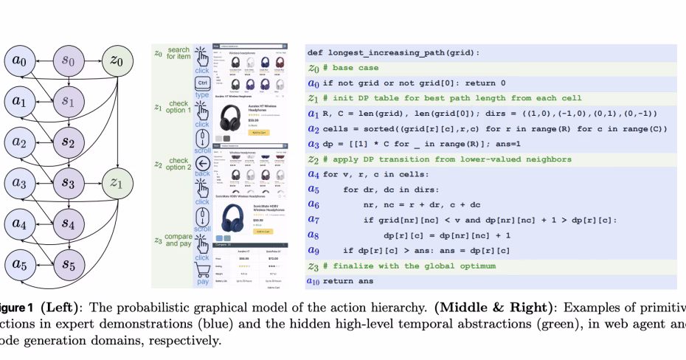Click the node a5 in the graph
pos(19,263)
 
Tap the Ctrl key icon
pos(201,83)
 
